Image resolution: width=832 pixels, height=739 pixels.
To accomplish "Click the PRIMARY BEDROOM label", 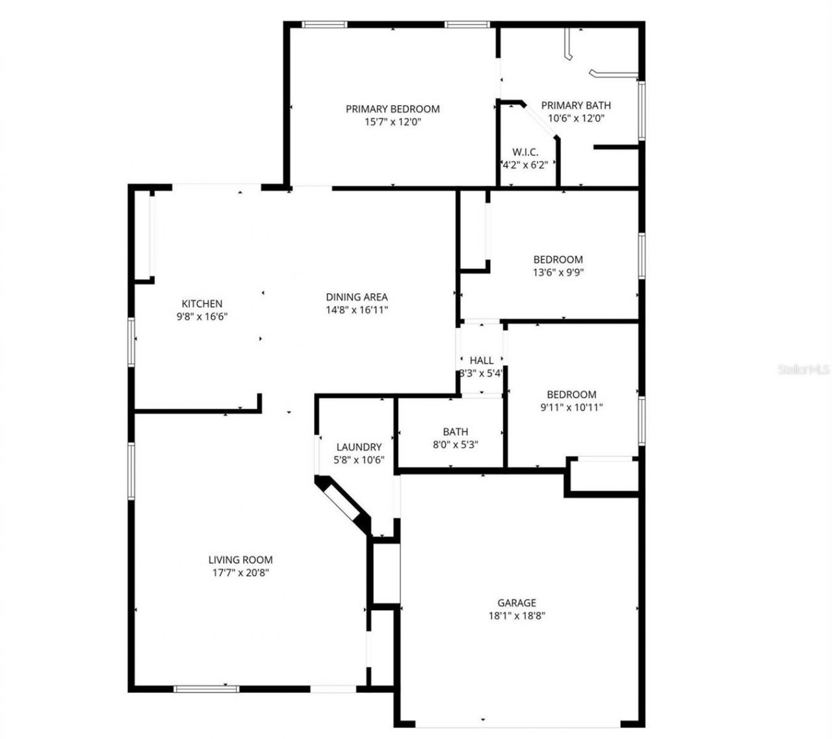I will pos(392,109).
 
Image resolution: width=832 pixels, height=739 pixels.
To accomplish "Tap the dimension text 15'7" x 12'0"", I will pos(392,122).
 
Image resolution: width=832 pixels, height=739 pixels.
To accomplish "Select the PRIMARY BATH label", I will pos(575,105).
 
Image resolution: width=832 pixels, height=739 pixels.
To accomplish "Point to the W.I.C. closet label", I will pos(525,152).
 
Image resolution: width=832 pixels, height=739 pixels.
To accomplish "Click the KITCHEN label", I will pos(201,304).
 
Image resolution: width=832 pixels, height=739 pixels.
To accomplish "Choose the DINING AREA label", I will pos(356,297).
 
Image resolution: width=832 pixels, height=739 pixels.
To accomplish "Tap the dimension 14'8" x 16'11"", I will pos(356,310).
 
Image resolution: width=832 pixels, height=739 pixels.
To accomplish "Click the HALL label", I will pos(481,360).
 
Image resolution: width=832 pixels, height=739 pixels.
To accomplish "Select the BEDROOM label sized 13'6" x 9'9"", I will pos(558,259).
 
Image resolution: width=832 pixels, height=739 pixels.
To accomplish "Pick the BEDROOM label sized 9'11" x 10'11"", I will pos(571,395).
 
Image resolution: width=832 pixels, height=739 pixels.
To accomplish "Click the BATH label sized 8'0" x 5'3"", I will pos(455,432).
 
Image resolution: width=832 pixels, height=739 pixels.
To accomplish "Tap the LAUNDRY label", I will pos(359,447).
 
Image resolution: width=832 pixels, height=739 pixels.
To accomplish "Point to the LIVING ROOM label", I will pos(240,560).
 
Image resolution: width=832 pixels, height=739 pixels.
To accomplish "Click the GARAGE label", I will pos(517,603).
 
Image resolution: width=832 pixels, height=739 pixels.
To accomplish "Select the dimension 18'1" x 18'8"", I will pos(517,616).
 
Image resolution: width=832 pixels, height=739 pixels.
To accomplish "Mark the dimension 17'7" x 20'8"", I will pos(240,573).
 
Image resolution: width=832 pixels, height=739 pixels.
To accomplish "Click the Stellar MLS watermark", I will pos(803,370).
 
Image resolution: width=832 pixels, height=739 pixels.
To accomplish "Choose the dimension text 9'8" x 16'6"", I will pos(201,317).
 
